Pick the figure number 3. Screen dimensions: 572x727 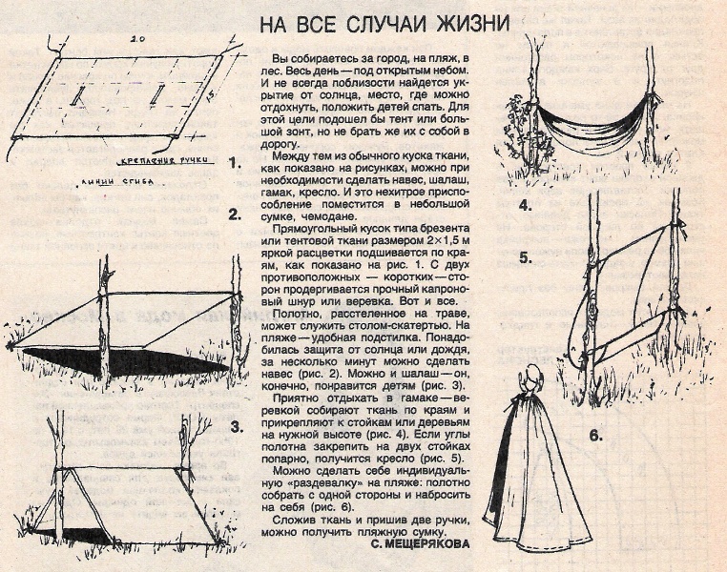coord(235,427)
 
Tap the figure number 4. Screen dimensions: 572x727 coord(525,205)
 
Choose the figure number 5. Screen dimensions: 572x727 coord(526,257)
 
